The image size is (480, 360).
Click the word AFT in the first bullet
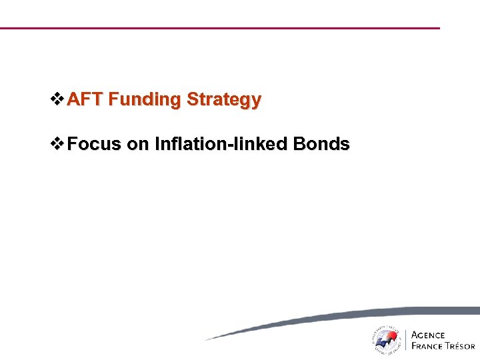(x=85, y=100)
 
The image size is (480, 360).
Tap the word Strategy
(x=224, y=101)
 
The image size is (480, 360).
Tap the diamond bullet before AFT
(x=58, y=100)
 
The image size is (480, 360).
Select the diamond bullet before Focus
(x=58, y=144)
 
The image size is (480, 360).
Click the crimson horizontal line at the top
(x=220, y=28)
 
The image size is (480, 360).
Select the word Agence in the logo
(x=429, y=335)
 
